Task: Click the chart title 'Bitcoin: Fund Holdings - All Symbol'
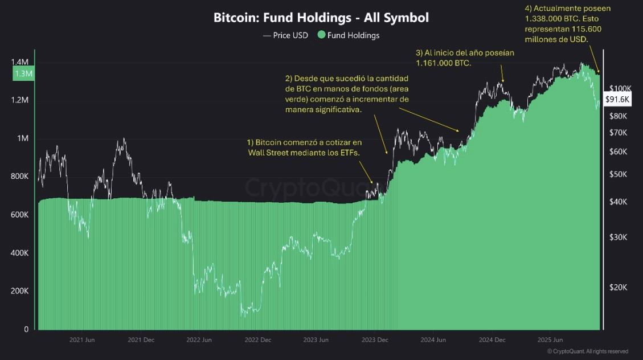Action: [321, 18]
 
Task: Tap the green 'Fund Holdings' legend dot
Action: [322, 35]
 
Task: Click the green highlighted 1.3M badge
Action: [23, 73]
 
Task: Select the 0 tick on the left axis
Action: [26, 329]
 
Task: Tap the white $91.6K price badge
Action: [617, 99]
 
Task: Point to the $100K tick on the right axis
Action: [620, 88]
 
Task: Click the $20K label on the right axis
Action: [619, 288]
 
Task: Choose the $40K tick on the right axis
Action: [619, 202]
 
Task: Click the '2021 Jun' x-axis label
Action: [81, 340]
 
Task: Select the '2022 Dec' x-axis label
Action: [257, 340]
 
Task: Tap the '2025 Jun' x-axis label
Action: [550, 340]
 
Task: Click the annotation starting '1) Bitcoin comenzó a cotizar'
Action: [304, 147]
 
